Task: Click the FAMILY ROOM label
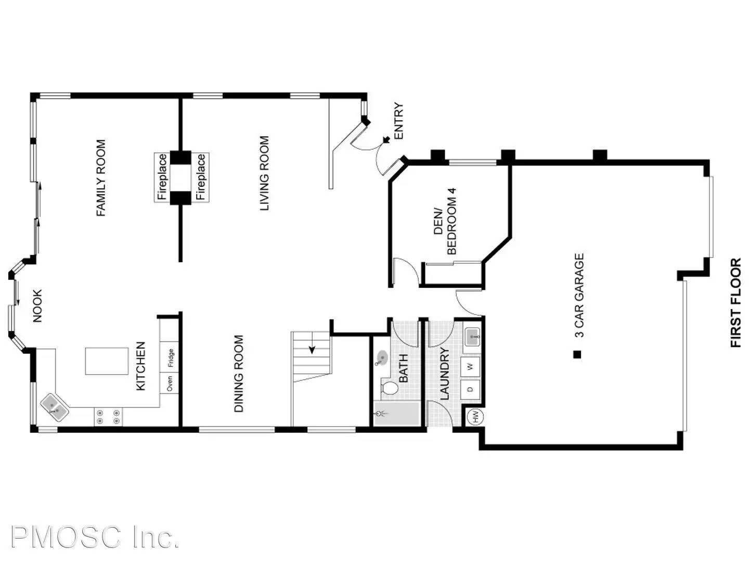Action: pyautogui.click(x=101, y=178)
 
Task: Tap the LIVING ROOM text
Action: pyautogui.click(x=265, y=173)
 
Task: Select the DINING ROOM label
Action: pyautogui.click(x=239, y=374)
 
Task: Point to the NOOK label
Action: pyautogui.click(x=37, y=306)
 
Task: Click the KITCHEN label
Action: pyautogui.click(x=140, y=366)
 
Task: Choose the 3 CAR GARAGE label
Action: pyautogui.click(x=579, y=295)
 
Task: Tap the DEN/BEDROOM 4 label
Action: pyautogui.click(x=445, y=222)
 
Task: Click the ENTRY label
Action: pyautogui.click(x=399, y=121)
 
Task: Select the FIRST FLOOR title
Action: pyautogui.click(x=735, y=303)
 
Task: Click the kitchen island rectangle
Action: pyautogui.click(x=107, y=361)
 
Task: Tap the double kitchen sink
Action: pyautogui.click(x=55, y=406)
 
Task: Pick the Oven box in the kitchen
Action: pyautogui.click(x=170, y=384)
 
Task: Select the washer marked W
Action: pyautogui.click(x=471, y=367)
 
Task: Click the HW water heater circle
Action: pyautogui.click(x=474, y=416)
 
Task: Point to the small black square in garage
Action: pyautogui.click(x=576, y=355)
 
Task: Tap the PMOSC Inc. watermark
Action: pyautogui.click(x=95, y=537)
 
